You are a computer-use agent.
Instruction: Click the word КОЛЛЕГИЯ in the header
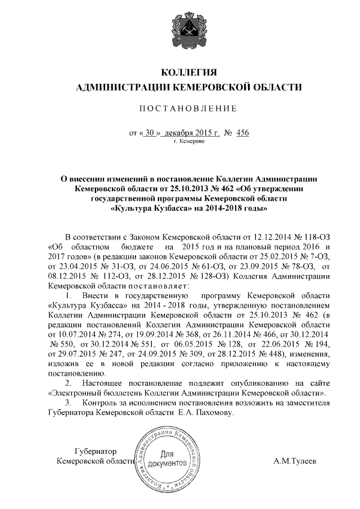coord(189,73)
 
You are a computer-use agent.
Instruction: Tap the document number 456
coord(242,133)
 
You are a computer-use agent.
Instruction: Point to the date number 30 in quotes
coord(148,133)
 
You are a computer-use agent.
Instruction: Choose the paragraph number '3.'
coord(69,403)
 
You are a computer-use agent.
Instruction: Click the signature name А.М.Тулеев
coord(295,462)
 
